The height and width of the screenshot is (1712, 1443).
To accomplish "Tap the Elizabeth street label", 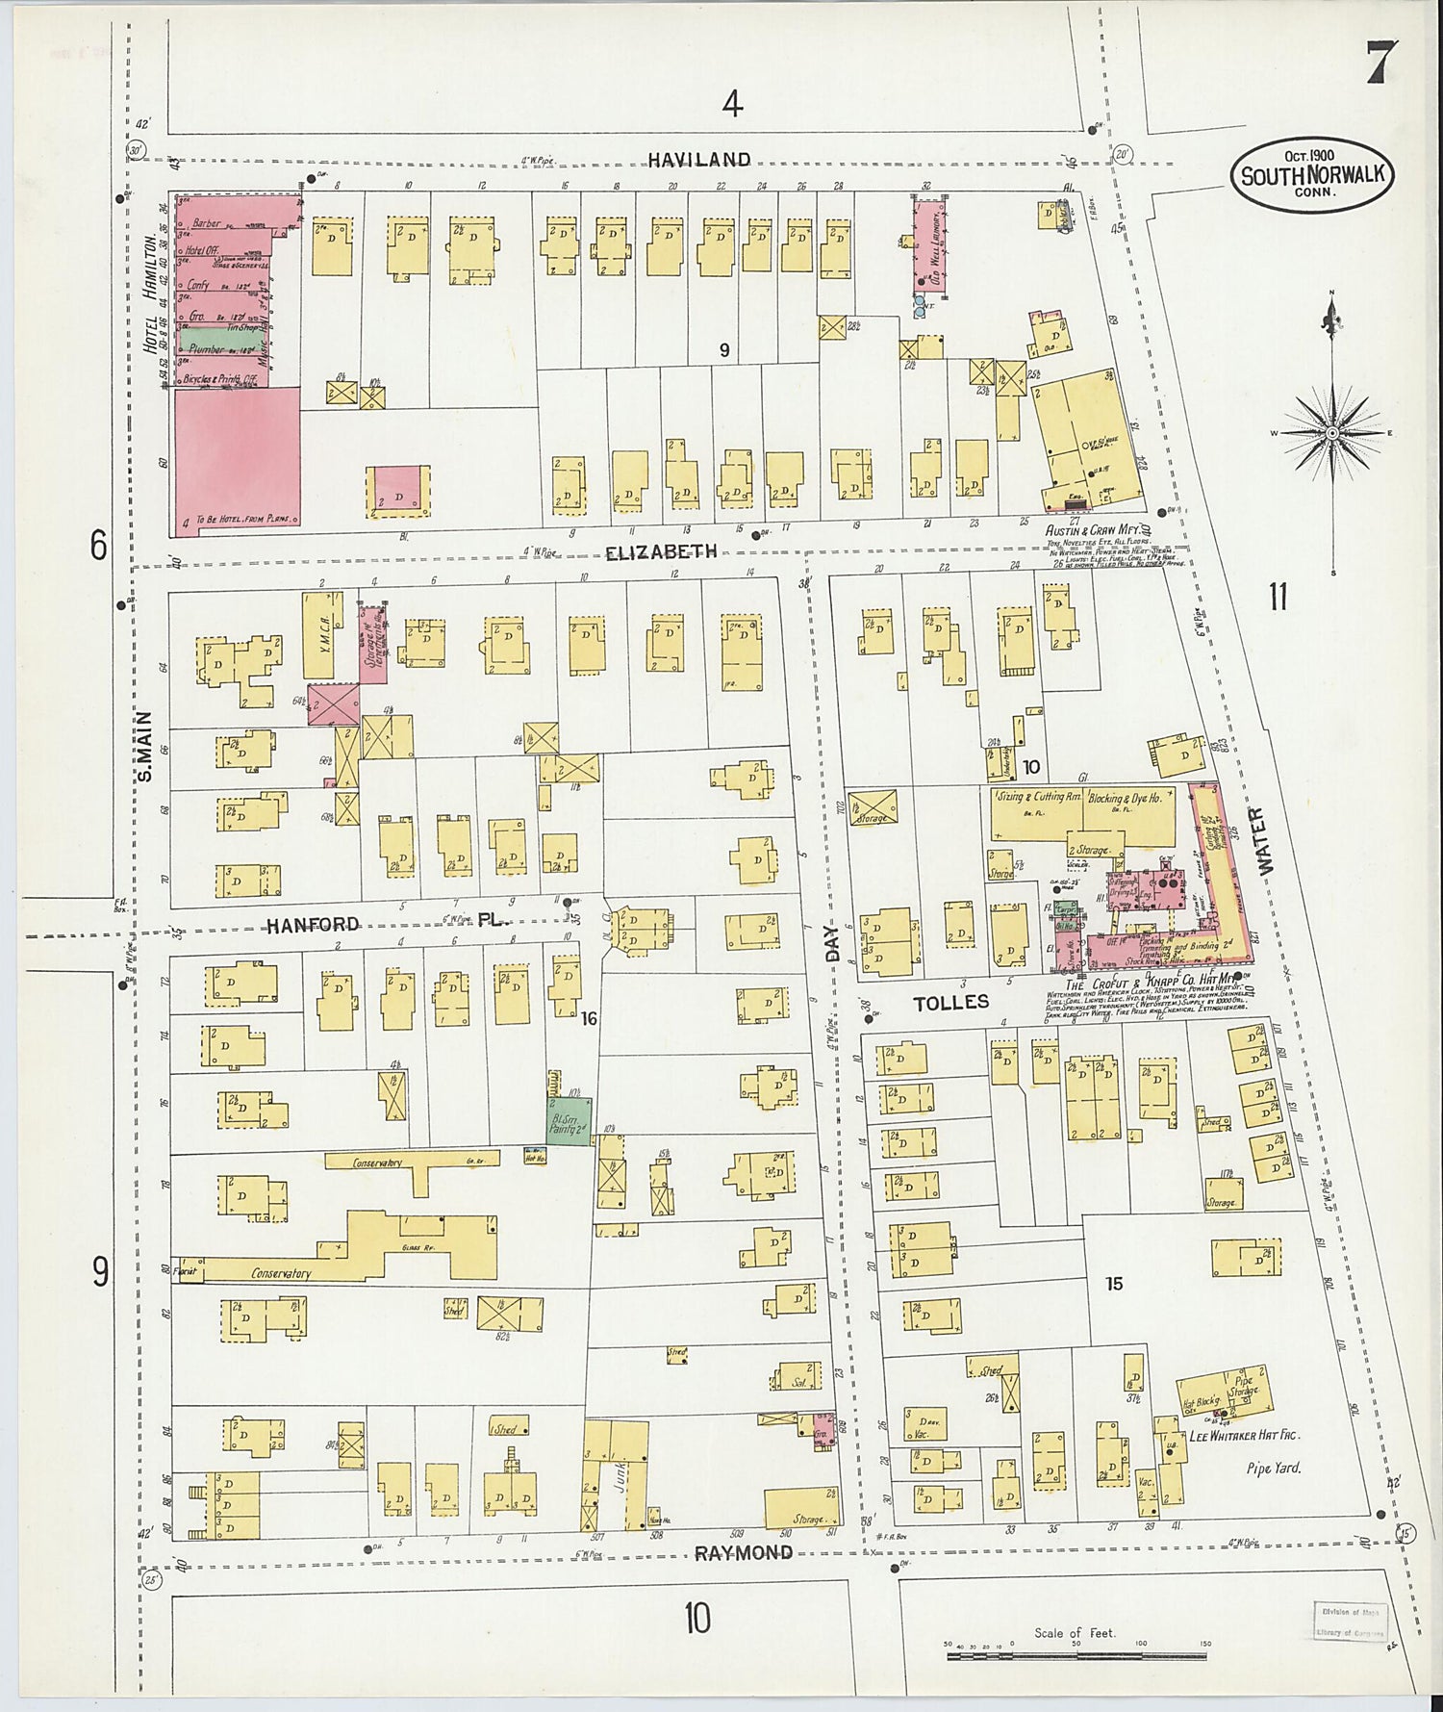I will click(661, 551).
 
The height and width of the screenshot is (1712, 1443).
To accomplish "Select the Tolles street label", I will click(950, 1002).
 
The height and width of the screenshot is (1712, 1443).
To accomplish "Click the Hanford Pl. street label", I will click(385, 925).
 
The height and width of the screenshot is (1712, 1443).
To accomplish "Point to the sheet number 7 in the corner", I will click(1377, 65).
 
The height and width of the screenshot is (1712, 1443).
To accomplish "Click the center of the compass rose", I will click(1332, 434).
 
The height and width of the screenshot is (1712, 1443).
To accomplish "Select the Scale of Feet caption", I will click(1075, 1633).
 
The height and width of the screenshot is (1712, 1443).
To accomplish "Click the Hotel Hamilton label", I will click(151, 292).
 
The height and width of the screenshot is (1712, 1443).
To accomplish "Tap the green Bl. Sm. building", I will click(569, 1121).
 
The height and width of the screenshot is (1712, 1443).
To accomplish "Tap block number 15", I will click(1114, 1283).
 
